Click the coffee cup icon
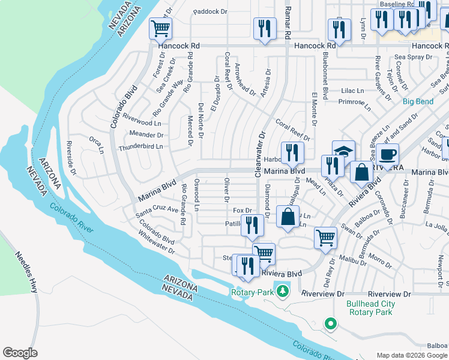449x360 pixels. coord(387,154)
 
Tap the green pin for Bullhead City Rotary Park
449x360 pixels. coord(330,324)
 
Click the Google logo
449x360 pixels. coord(20,353)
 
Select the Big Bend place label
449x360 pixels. coord(418,101)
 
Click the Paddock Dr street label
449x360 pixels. coord(211,11)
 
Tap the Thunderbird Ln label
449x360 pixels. coord(141,147)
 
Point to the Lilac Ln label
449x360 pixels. coord(352,91)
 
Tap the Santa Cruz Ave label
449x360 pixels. coord(157,211)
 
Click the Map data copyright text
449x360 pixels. coord(412,355)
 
